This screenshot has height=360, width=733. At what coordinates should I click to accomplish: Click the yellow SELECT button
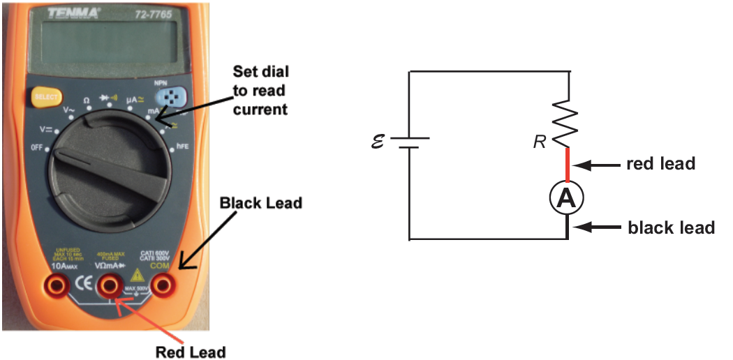click(44, 97)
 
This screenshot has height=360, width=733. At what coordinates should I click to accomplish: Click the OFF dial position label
click(36, 147)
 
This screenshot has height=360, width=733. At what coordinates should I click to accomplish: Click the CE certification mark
click(81, 284)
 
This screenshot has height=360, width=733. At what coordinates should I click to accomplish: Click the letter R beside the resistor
click(539, 143)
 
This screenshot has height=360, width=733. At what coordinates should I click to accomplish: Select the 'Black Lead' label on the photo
click(261, 203)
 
